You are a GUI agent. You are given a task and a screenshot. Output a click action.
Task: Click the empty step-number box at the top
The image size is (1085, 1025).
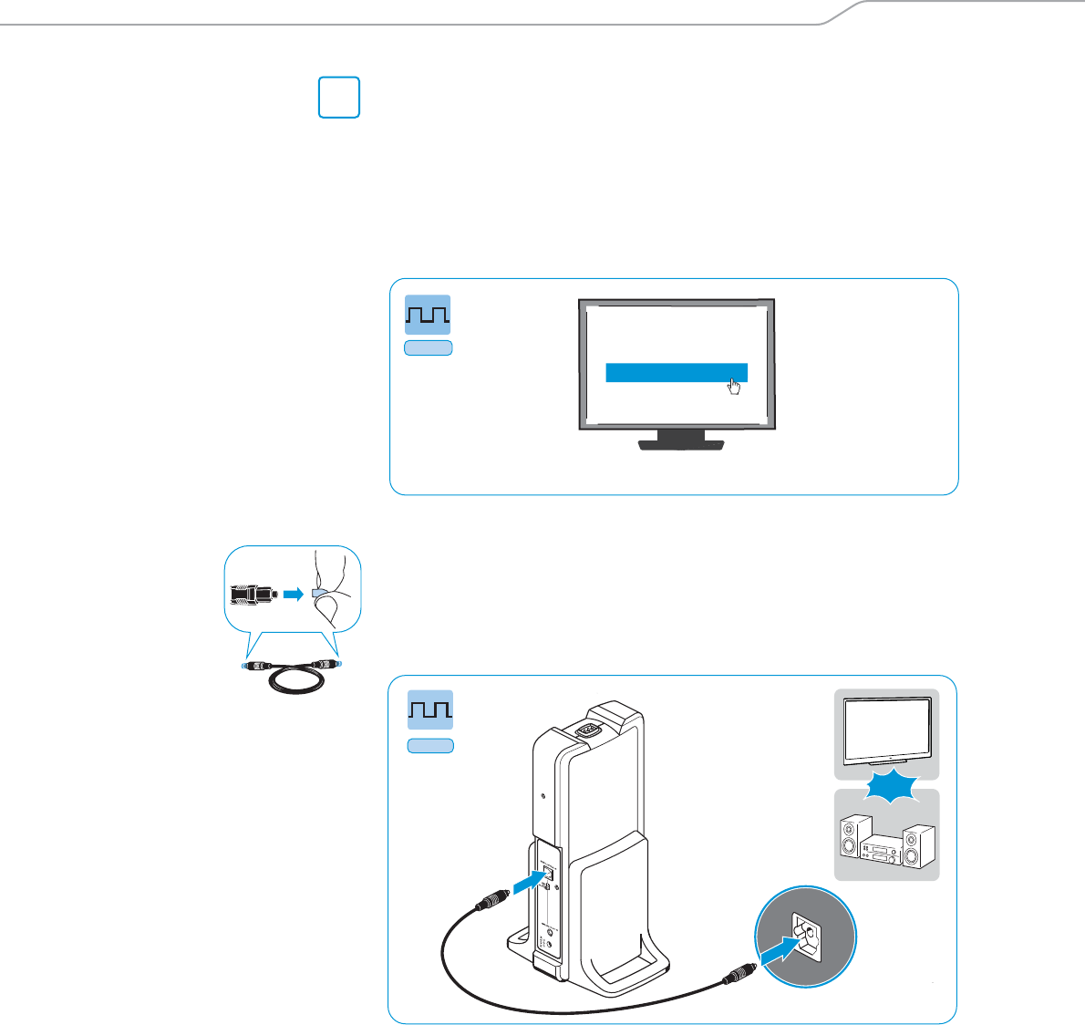pyautogui.click(x=339, y=98)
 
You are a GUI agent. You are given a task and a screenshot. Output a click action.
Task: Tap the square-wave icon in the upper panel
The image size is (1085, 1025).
pyautogui.click(x=428, y=315)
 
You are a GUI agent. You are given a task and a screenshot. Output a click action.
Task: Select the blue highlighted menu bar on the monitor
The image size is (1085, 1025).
pyautogui.click(x=677, y=372)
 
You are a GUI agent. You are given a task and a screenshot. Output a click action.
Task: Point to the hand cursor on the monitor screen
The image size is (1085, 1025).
pyautogui.click(x=734, y=388)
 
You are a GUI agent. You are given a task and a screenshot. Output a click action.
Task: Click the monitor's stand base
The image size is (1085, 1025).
pyautogui.click(x=681, y=444)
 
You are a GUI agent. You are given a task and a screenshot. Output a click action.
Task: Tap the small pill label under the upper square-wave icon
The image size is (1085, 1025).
pyautogui.click(x=428, y=347)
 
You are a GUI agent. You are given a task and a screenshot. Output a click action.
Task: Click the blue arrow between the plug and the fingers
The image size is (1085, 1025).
pyautogui.click(x=292, y=594)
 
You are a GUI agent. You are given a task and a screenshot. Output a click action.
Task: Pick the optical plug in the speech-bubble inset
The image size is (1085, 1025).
pyautogui.click(x=252, y=594)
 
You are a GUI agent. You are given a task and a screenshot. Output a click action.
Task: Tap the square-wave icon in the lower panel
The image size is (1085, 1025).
pyautogui.click(x=429, y=711)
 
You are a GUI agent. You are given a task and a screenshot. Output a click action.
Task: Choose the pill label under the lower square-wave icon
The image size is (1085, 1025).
pyautogui.click(x=429, y=746)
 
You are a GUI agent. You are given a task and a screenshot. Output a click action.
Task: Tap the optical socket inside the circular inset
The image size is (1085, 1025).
pyautogui.click(x=807, y=932)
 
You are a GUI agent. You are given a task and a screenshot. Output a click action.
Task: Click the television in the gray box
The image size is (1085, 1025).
pyautogui.click(x=886, y=730)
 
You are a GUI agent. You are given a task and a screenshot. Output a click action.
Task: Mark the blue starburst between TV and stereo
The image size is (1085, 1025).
pyautogui.click(x=886, y=785)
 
